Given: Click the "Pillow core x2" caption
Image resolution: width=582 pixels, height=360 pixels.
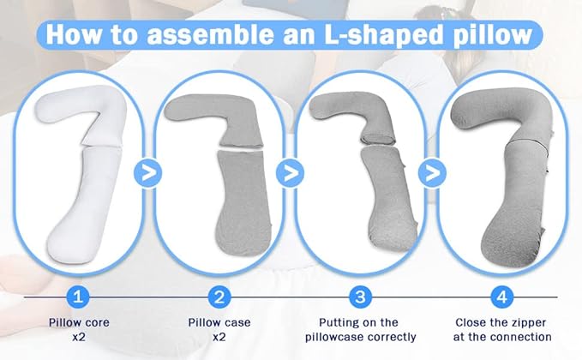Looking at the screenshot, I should (x=79, y=330).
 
